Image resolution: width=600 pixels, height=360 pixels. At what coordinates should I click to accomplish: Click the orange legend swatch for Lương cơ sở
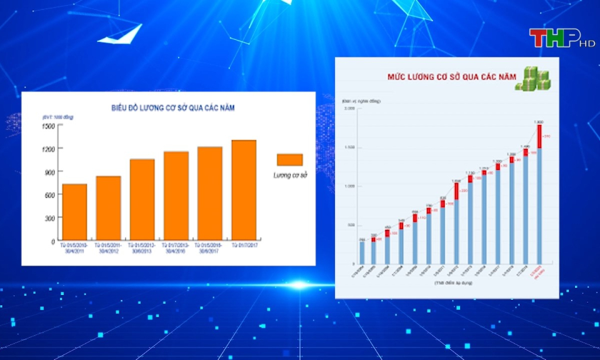coord(289,159)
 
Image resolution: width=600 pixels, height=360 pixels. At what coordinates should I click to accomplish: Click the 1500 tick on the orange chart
coord(49,126)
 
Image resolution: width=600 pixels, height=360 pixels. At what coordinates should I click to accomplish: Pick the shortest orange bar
coord(74,212)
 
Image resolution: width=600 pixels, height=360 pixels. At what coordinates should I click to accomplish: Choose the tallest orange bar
coord(243,191)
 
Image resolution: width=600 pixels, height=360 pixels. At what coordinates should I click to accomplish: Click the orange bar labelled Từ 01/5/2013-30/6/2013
coord(142,200)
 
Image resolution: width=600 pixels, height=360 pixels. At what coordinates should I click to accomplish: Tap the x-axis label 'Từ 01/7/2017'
coord(243,245)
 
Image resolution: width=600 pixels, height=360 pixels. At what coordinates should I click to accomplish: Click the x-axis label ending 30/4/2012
coord(108,247)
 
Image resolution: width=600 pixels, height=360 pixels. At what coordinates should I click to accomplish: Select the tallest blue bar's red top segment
coord(539,136)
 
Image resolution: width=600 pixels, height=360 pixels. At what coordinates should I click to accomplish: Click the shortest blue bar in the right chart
coord(362,252)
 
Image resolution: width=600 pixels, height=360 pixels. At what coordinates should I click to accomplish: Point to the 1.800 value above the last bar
coord(539,121)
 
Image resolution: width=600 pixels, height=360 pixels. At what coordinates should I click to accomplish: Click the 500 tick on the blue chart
coord(351,225)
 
